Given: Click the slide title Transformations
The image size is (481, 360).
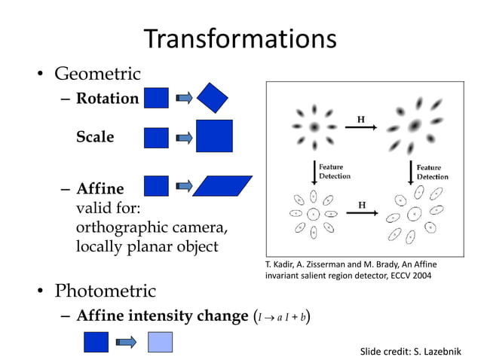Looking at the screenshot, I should coord(240,38).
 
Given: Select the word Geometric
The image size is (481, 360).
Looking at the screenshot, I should coord(97,74).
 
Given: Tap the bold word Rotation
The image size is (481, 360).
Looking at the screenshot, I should coord(107,99).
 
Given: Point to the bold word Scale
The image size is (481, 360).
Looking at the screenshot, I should coord(95,137).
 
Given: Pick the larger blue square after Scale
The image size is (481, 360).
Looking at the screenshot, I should coord(214,136).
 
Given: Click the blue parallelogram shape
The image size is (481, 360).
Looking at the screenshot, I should coord(222,186).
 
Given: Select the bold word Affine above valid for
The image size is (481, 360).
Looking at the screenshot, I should coord(100,188).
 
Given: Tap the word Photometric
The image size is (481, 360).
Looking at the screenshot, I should coord(105,291).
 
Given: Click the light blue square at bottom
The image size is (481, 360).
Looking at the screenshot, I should coord(160,343).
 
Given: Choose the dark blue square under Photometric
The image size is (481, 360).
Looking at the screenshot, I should coord(96,343).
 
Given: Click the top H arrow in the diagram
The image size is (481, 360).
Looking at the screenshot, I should coord(361,126).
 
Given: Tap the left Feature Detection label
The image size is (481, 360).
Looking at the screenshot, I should coord(335,172).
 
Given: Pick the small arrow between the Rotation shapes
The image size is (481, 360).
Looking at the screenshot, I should coord(183,98).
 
